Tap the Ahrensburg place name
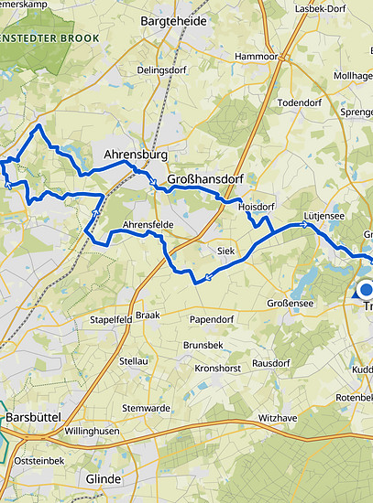pyautogui.click(x=136, y=155)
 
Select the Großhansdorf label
pyautogui.click(x=206, y=179)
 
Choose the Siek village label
pyautogui.click(x=226, y=250)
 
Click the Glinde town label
pyautogui.click(x=102, y=477)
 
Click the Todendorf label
pyautogui.click(x=300, y=102)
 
